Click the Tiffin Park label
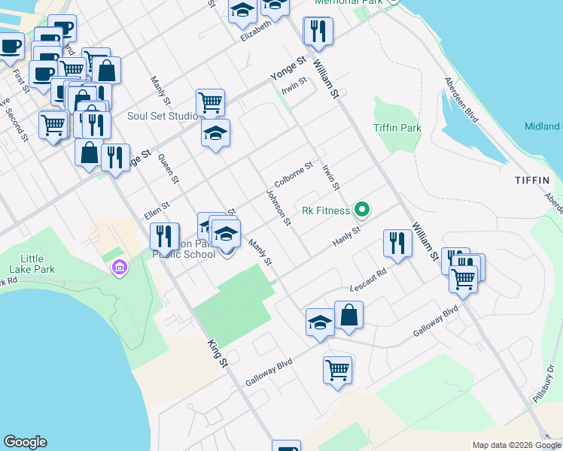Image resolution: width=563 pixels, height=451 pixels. tap(397, 128)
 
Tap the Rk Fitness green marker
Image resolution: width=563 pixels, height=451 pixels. tap(362, 210)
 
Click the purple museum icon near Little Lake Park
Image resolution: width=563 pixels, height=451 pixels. tap(118, 267)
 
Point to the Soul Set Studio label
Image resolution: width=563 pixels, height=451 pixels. tap(162, 116)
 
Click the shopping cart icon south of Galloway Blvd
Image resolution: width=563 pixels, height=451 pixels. tap(337, 369)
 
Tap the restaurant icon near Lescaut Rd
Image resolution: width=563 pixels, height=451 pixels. tap(397, 243)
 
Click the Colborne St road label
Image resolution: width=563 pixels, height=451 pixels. tap(294, 175)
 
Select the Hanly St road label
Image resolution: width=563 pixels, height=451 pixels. tap(347, 240)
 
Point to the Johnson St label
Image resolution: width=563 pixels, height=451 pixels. tap(278, 207)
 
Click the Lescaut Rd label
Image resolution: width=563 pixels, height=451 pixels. tap(368, 279)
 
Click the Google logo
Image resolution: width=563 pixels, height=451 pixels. tap(25, 442)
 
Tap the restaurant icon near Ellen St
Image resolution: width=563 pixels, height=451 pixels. tap(163, 236)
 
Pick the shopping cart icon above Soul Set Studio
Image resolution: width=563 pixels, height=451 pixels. tap(210, 102)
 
